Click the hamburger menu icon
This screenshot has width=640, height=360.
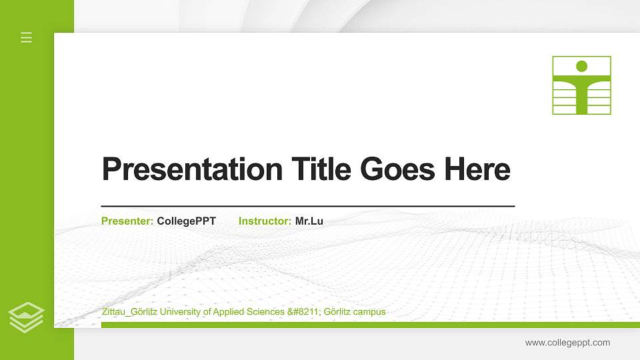27,37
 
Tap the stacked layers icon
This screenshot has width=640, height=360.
27,317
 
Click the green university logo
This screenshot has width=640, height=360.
581,85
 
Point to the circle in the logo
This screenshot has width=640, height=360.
581,66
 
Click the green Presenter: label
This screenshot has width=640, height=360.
127,221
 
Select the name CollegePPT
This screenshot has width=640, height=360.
187,221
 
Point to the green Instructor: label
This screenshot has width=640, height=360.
265,221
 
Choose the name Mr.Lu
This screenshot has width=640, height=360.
309,221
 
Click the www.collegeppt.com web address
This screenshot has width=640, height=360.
567,343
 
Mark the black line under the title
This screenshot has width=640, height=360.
307,207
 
